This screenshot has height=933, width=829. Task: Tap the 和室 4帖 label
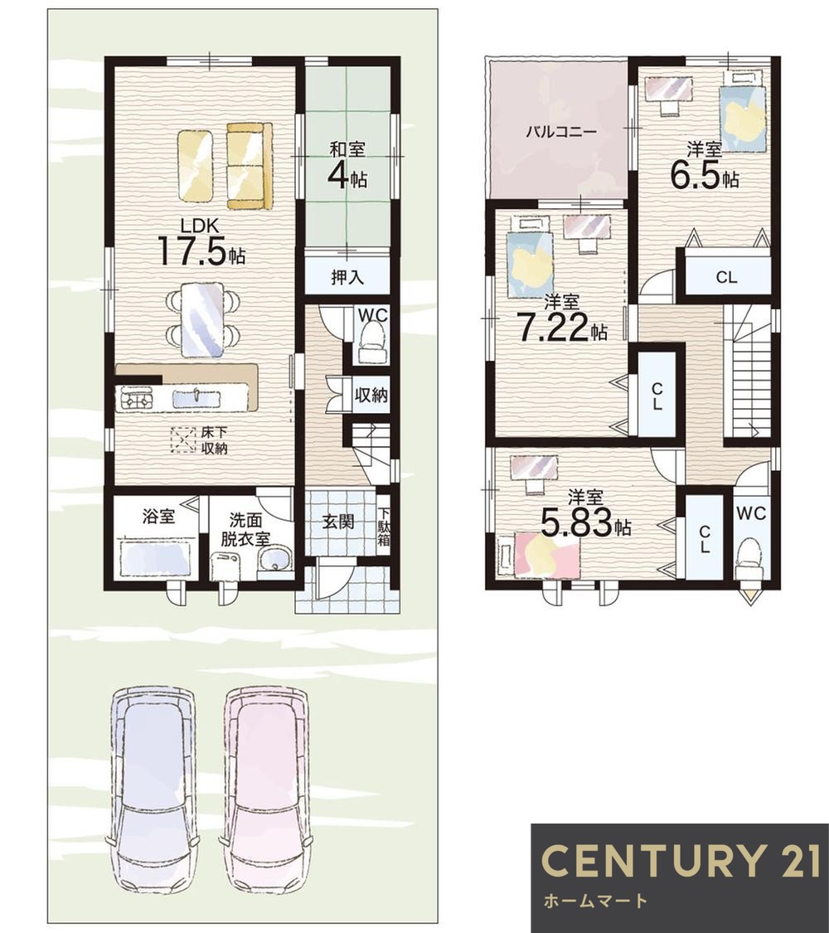[348, 166]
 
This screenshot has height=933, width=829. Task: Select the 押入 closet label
[347, 277]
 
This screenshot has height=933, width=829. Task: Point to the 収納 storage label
[371, 395]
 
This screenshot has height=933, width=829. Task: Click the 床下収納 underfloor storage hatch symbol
[183, 441]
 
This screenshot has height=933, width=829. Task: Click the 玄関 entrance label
[338, 522]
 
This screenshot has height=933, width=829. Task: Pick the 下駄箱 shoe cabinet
[384, 526]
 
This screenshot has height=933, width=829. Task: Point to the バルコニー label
[560, 132]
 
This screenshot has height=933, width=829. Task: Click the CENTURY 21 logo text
[681, 860]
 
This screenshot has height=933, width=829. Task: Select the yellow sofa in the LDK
[250, 166]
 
